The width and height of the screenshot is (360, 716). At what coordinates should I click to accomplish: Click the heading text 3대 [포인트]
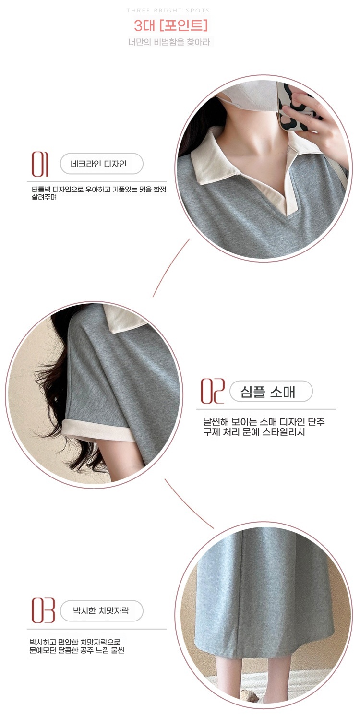click(171, 25)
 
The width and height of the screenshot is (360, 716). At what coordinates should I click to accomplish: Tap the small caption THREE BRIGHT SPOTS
click(168, 11)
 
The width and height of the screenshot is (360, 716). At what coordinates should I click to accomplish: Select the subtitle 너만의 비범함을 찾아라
click(169, 42)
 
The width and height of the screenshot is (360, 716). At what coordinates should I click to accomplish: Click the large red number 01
click(40, 164)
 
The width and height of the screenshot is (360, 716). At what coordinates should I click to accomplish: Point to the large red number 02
click(212, 391)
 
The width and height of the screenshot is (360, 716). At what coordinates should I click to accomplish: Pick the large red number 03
click(43, 610)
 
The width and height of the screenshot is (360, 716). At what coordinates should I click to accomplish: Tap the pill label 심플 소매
click(271, 391)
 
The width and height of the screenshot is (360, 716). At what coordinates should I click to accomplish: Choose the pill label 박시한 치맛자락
click(102, 610)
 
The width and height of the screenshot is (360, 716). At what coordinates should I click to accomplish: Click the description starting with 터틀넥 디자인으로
click(99, 193)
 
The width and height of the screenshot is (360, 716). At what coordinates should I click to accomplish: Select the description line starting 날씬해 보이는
click(264, 422)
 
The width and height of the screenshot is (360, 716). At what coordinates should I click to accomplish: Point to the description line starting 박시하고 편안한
click(75, 642)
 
